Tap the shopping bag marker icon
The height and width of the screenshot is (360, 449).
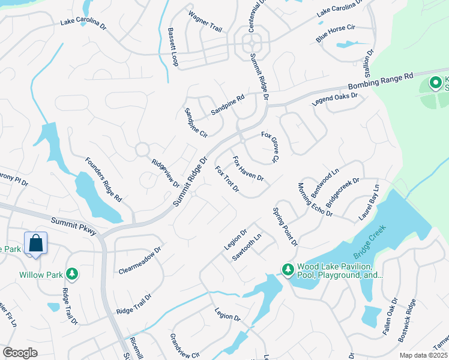point(36,244)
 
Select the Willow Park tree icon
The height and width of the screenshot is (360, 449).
point(72,274)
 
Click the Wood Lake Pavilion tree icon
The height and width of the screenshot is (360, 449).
point(288,271)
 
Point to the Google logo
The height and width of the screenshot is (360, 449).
point(20,353)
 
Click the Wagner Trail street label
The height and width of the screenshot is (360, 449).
point(205,22)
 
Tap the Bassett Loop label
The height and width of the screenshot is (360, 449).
point(173,46)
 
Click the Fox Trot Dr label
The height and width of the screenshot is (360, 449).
point(228,179)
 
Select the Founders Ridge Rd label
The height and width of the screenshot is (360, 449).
point(103,179)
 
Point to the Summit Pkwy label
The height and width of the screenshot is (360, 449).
point(74,225)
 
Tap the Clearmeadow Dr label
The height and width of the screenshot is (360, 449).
point(140,259)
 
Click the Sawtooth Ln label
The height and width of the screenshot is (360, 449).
point(247,247)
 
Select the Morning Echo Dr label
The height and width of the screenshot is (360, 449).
point(315,199)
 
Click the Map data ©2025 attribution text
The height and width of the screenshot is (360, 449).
point(423,355)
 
